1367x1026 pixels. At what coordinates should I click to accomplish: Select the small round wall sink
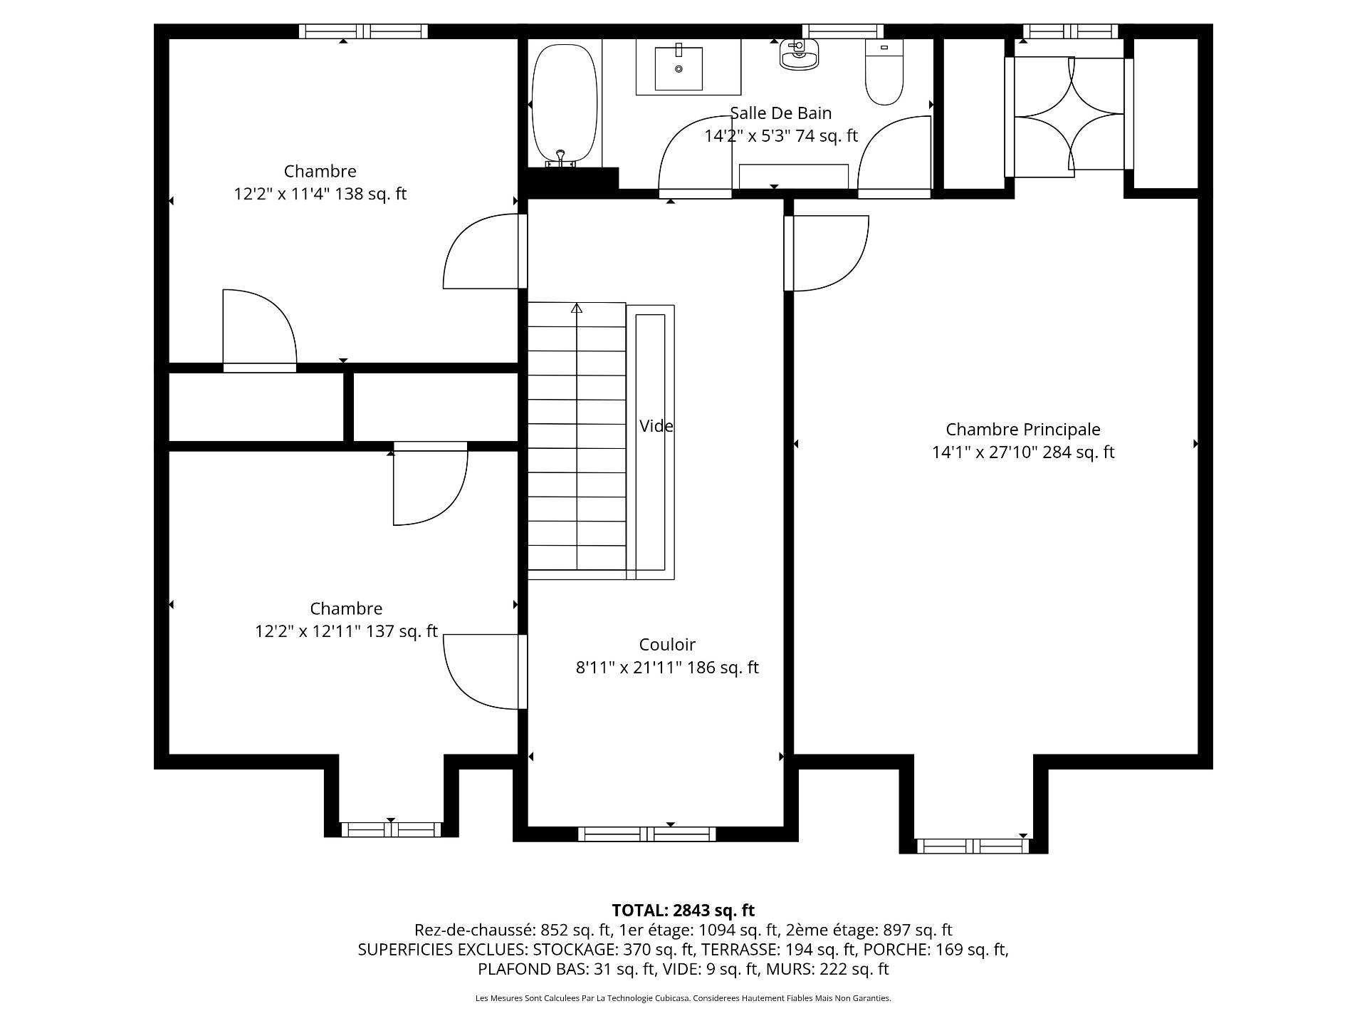point(799,53)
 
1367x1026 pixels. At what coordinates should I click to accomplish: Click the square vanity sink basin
point(679,68)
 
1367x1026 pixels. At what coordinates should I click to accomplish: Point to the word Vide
point(656,426)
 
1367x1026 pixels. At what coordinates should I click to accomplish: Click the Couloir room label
point(667,645)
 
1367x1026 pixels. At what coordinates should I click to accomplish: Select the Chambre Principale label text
point(1023,430)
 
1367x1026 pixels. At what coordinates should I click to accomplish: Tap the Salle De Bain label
point(781,113)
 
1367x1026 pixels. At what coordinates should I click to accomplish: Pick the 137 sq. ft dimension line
point(346,631)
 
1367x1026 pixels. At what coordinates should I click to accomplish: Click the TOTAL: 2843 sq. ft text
point(683,910)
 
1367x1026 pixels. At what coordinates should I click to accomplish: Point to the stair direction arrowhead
point(577,309)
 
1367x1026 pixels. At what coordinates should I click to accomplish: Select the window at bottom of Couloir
point(647,834)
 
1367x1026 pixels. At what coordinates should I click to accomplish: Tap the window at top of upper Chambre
point(363,31)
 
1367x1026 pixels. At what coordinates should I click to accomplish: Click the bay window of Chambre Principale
point(973,846)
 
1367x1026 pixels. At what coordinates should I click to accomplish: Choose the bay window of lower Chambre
point(391,829)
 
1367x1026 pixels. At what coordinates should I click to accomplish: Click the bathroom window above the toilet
point(843,31)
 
